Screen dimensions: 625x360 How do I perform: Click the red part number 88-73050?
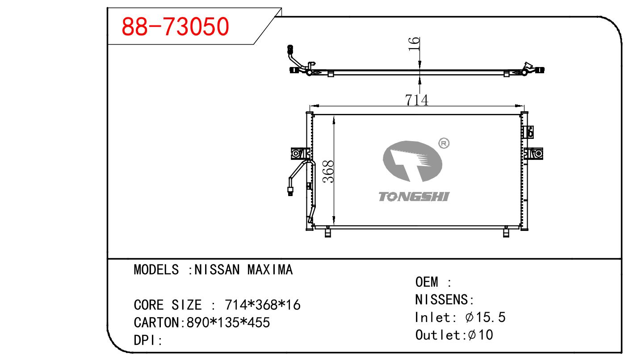pos(175,26)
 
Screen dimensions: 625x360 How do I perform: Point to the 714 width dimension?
pos(416,100)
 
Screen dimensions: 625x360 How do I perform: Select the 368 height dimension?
pos(328,172)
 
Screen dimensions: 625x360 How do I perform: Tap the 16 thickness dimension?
pos(414,44)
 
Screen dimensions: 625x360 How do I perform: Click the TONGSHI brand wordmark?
pos(414,197)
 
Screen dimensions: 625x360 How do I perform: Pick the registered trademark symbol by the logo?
pos(444,143)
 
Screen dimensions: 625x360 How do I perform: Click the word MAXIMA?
pos(270,270)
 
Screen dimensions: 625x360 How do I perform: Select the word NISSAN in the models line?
pos(217,270)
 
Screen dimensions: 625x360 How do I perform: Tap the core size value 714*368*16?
pos(263,305)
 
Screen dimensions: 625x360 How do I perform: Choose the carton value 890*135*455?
pos(228,322)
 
